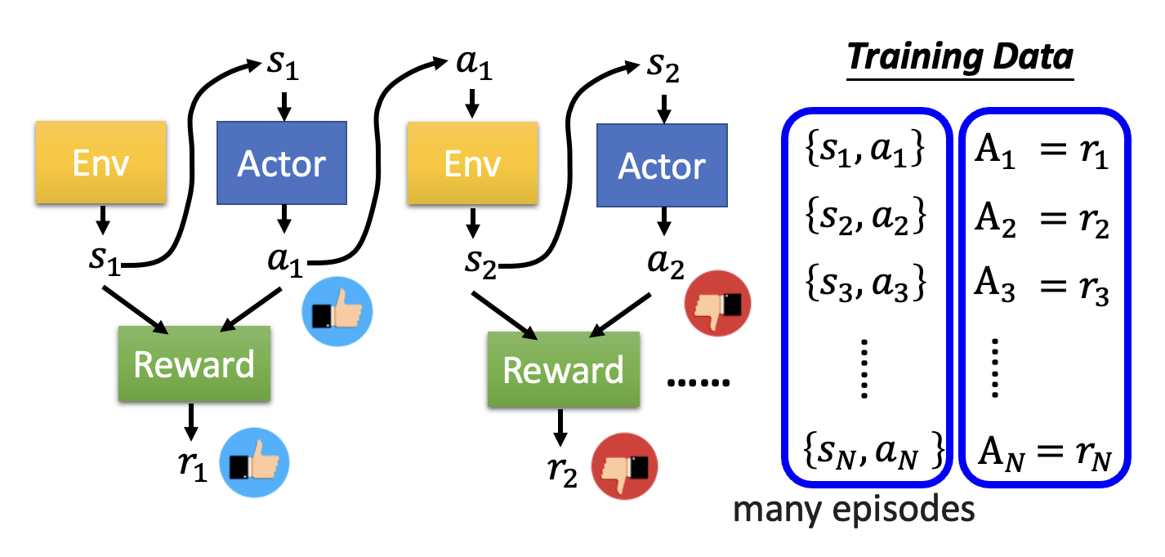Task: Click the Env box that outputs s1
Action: [100, 163]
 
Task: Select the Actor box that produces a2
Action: [662, 165]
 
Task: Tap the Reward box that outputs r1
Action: [194, 363]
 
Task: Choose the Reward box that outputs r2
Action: [563, 369]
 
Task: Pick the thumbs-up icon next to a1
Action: [337, 313]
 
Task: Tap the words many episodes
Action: [853, 510]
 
